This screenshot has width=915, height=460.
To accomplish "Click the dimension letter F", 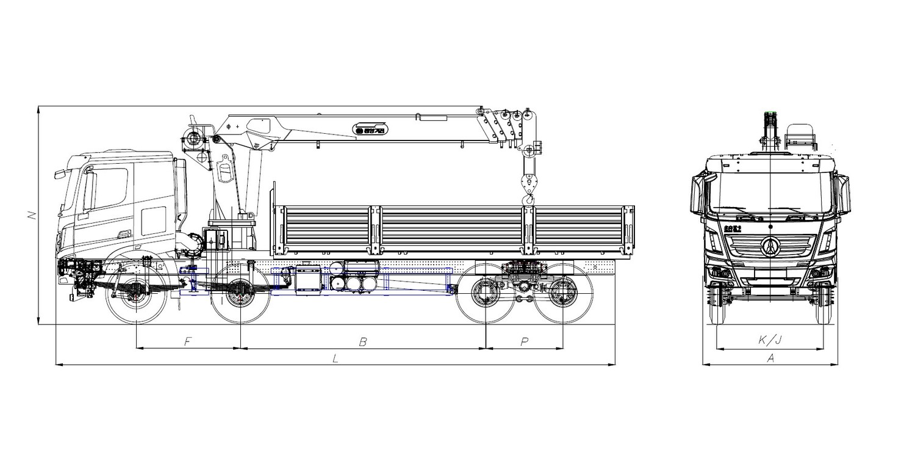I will pyautogui.click(x=188, y=342).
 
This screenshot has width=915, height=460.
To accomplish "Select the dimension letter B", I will pyautogui.click(x=362, y=342).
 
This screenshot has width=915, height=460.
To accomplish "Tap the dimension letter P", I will pyautogui.click(x=524, y=342).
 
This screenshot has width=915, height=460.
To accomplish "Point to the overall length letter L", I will pyautogui.click(x=335, y=359).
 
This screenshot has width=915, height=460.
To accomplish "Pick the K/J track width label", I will pyautogui.click(x=770, y=341).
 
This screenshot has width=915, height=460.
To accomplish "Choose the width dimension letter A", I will pyautogui.click(x=770, y=359).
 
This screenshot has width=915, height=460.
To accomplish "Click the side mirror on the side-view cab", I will pyautogui.click(x=59, y=174).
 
